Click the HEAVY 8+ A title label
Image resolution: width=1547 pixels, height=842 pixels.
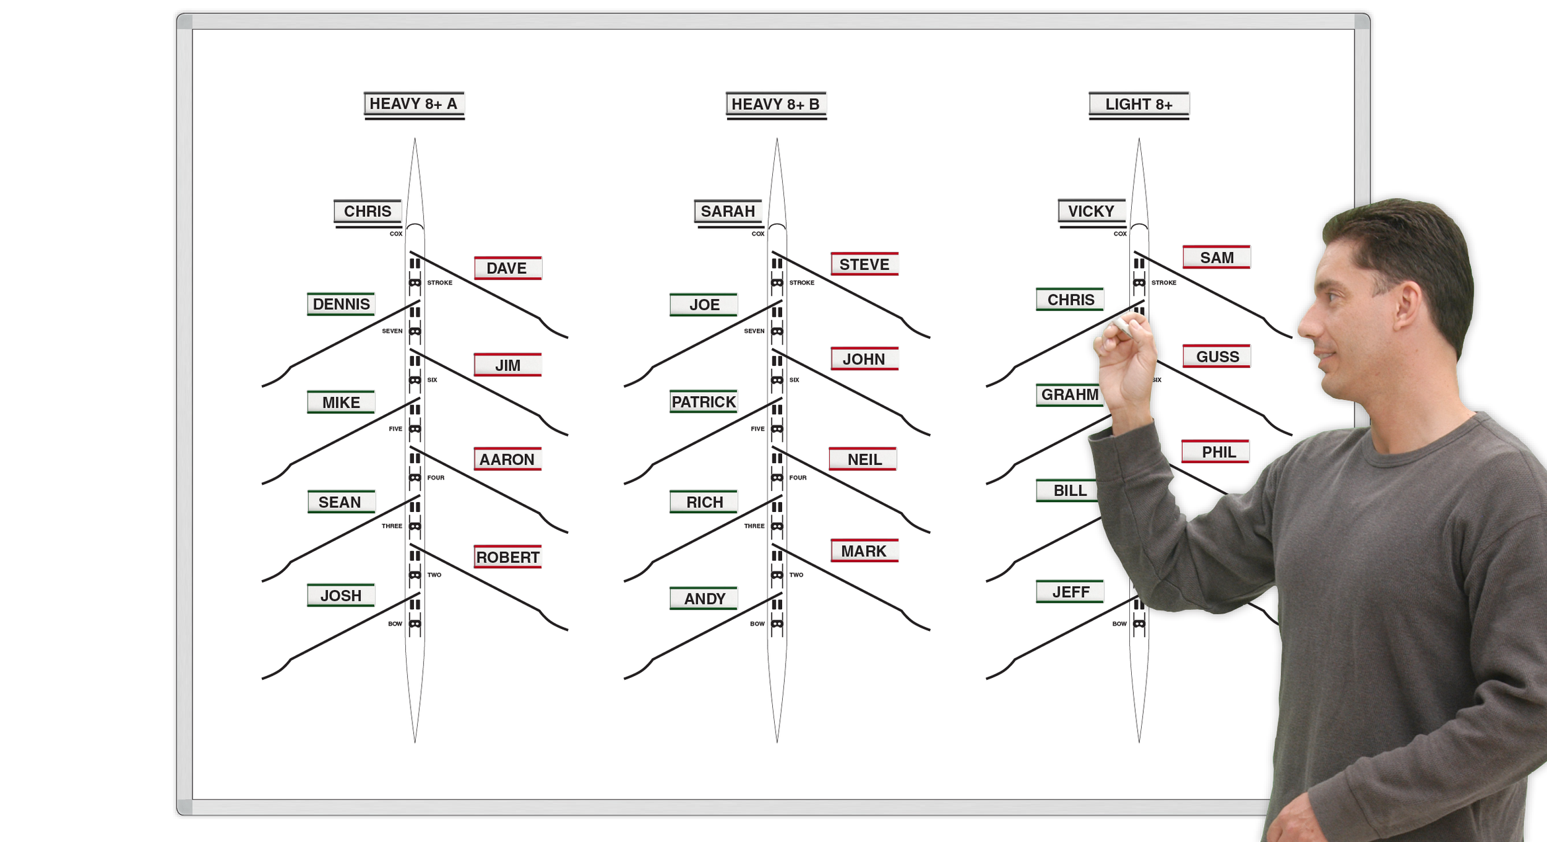[x=414, y=104]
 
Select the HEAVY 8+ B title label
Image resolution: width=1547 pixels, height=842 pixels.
[x=775, y=105]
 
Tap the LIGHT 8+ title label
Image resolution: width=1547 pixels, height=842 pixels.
[x=1138, y=105]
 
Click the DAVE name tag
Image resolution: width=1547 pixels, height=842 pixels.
[x=507, y=268]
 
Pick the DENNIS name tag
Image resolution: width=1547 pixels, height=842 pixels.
[x=341, y=304]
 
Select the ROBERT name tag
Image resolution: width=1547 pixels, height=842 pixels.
[x=507, y=557]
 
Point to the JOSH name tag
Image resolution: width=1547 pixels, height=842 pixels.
[x=341, y=595]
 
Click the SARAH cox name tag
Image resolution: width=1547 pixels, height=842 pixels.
[x=727, y=211]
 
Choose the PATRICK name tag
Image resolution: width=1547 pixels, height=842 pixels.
[x=703, y=401]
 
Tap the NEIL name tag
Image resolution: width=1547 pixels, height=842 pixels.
[x=863, y=459]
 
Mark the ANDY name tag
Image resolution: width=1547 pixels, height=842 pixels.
[x=704, y=599]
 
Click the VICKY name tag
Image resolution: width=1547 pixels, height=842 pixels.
[x=1091, y=211]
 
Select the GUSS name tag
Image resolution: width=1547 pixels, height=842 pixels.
[x=1216, y=357]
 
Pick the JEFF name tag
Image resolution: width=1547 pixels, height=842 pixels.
[x=1070, y=592]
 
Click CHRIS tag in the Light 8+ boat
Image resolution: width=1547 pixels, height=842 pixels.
[x=1070, y=300]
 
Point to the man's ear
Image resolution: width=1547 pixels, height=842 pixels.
[x=1407, y=308]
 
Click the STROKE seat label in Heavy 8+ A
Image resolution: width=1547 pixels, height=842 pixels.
[x=440, y=282]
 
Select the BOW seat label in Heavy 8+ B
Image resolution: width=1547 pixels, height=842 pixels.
[x=757, y=624]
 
